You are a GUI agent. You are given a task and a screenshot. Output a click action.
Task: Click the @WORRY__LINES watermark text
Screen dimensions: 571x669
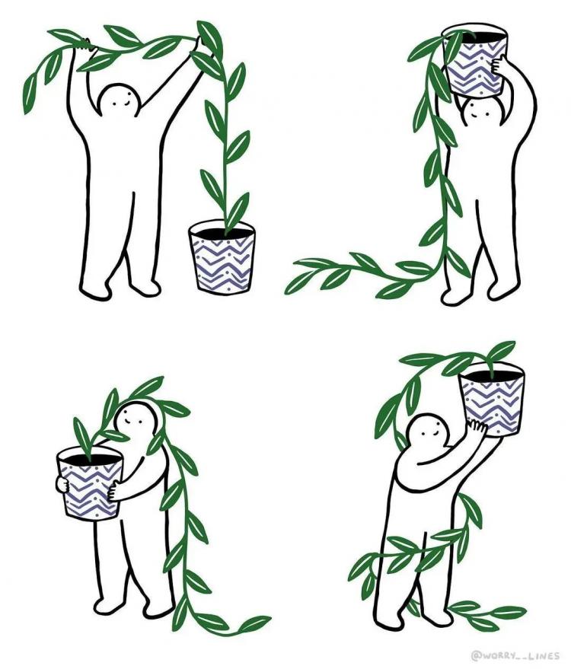(x=515, y=655)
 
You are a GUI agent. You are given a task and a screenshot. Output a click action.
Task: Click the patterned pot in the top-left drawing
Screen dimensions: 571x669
(x=222, y=256)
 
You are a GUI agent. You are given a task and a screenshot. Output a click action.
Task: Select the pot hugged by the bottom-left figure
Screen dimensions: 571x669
(x=90, y=484)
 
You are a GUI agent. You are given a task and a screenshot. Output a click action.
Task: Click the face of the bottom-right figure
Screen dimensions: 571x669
(x=428, y=432)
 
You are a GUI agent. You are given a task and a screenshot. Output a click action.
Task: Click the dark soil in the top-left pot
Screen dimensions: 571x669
(x=222, y=232)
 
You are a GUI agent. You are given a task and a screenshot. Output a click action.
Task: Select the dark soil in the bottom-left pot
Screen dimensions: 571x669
(x=90, y=460)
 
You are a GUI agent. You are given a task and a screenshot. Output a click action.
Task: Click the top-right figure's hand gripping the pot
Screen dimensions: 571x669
(x=497, y=65)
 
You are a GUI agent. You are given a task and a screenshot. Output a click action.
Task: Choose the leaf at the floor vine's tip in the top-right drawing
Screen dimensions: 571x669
(x=298, y=283)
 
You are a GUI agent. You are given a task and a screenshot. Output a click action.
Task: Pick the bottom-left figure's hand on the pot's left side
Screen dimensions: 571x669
(x=62, y=484)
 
